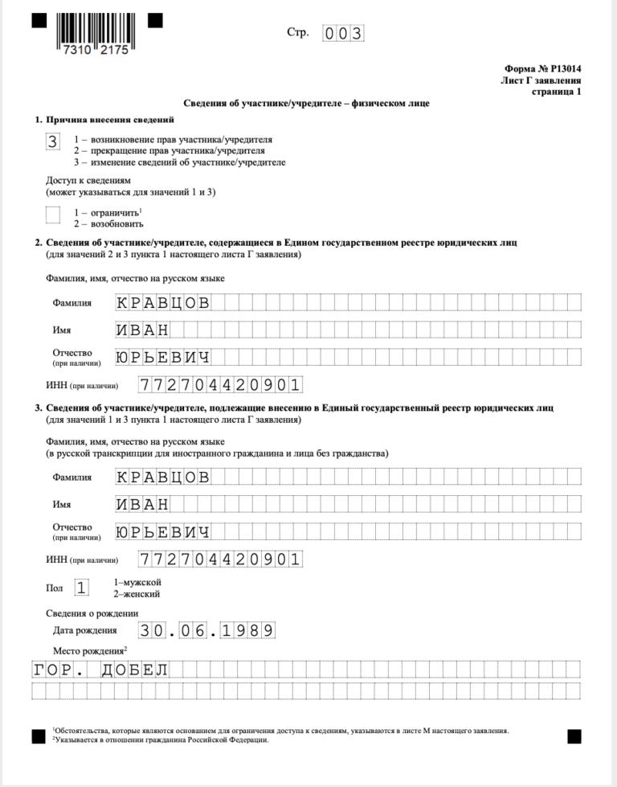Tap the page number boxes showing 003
coord(343,33)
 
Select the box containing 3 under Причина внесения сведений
coord(53,142)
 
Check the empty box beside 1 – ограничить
coord(53,214)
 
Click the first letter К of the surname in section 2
coord(122,303)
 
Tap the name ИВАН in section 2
coord(142,330)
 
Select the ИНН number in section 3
coord(219,559)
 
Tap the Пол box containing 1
coord(81,587)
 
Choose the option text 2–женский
coord(137,593)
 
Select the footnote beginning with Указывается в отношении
coord(161,740)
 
